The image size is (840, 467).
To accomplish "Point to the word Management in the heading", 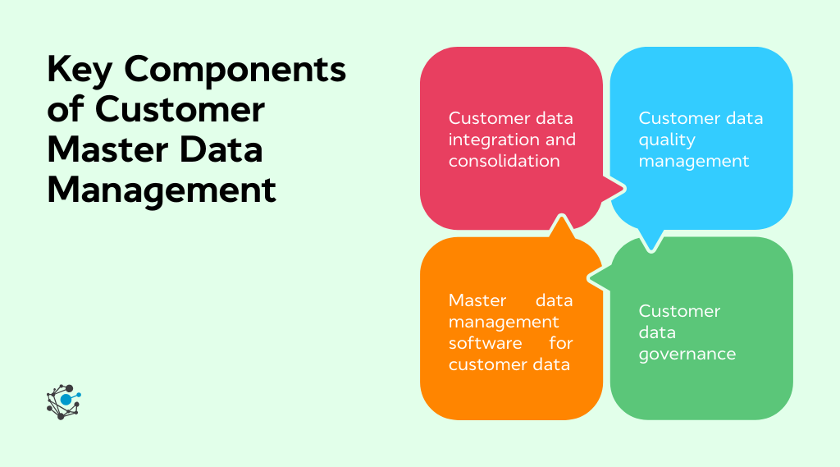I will point(162,190).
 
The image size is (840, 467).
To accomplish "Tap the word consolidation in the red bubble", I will point(504,161).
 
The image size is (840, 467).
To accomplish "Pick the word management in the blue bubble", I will point(694,161).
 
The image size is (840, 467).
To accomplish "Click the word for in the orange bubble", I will point(561,343).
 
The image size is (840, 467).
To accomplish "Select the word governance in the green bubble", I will point(687,354).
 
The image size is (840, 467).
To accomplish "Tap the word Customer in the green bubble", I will point(679,311).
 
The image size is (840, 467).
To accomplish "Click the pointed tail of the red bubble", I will point(619,190).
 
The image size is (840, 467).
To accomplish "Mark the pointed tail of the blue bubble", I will point(651,244).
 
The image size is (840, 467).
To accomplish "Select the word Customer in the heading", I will point(180,111).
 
